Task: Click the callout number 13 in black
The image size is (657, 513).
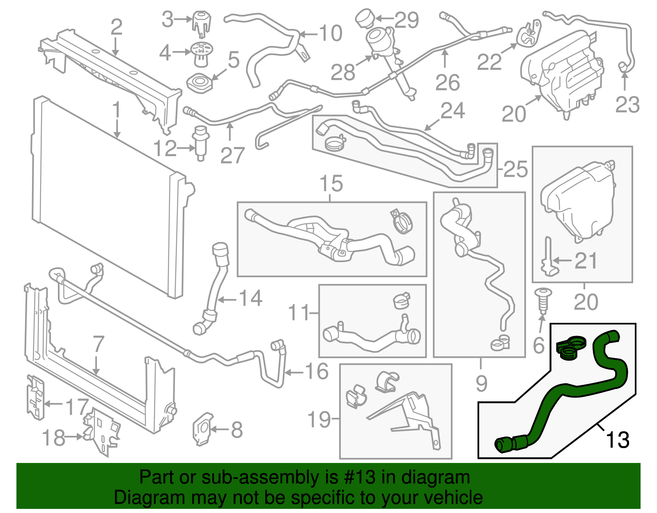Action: point(618,440)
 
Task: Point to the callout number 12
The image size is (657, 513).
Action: point(165,148)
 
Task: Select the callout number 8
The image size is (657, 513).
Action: point(237,430)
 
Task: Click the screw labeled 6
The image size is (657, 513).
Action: point(542,302)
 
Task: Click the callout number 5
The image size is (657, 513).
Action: point(234,60)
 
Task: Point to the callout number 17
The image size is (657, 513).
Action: point(77,407)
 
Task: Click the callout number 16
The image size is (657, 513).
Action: point(316,372)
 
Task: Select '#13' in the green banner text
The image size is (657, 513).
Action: point(357,477)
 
